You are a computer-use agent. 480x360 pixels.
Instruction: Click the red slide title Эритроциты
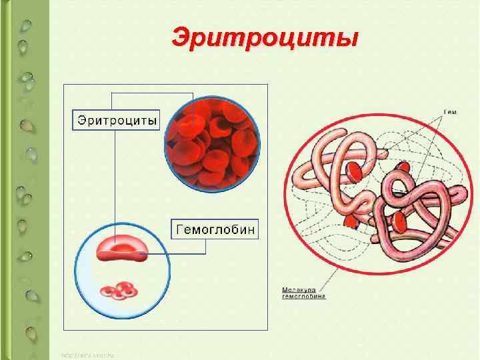point(264,37)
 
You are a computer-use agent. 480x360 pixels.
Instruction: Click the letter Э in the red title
point(182,37)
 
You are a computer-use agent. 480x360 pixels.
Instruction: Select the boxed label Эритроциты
point(117,121)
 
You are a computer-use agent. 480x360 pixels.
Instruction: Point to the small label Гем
point(450,112)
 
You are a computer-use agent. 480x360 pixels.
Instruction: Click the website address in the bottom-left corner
point(87,355)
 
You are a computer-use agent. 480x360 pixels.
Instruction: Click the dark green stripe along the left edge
point(5,180)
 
